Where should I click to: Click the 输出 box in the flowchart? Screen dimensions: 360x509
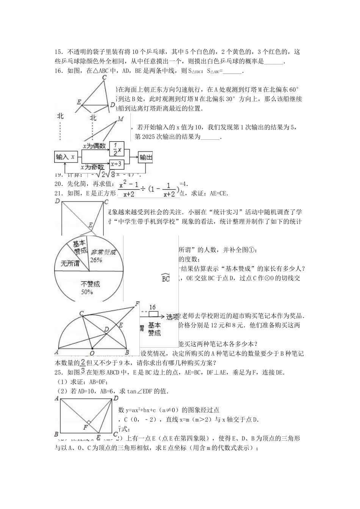pyautogui.click(x=146, y=157)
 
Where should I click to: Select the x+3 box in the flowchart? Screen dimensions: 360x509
pyautogui.click(x=116, y=164)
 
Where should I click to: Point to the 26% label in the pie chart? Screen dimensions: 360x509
pyautogui.click(x=96, y=260)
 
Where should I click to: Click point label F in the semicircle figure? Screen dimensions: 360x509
pyautogui.click(x=137, y=304)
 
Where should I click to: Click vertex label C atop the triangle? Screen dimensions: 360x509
pyautogui.click(x=104, y=77)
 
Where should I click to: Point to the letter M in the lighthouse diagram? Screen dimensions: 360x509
pyautogui.click(x=121, y=119)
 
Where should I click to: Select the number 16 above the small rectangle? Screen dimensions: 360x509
pyautogui.click(x=152, y=308)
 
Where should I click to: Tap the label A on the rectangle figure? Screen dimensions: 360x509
pyautogui.click(x=57, y=398)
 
